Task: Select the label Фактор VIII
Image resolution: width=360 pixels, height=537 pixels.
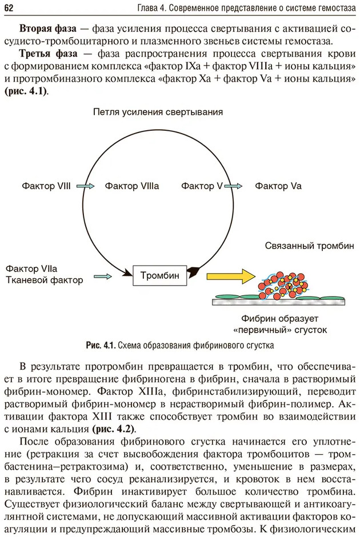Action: click(46, 186)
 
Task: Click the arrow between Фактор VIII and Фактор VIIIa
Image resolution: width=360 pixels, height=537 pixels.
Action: click(86, 186)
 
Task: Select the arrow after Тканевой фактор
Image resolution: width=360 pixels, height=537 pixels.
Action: click(102, 276)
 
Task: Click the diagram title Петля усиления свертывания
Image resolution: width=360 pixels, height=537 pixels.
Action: click(158, 112)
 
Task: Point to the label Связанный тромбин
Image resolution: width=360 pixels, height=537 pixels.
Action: click(309, 246)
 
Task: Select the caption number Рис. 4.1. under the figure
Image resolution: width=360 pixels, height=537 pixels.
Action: click(101, 345)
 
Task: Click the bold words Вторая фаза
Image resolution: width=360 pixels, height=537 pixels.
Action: click(44, 28)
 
